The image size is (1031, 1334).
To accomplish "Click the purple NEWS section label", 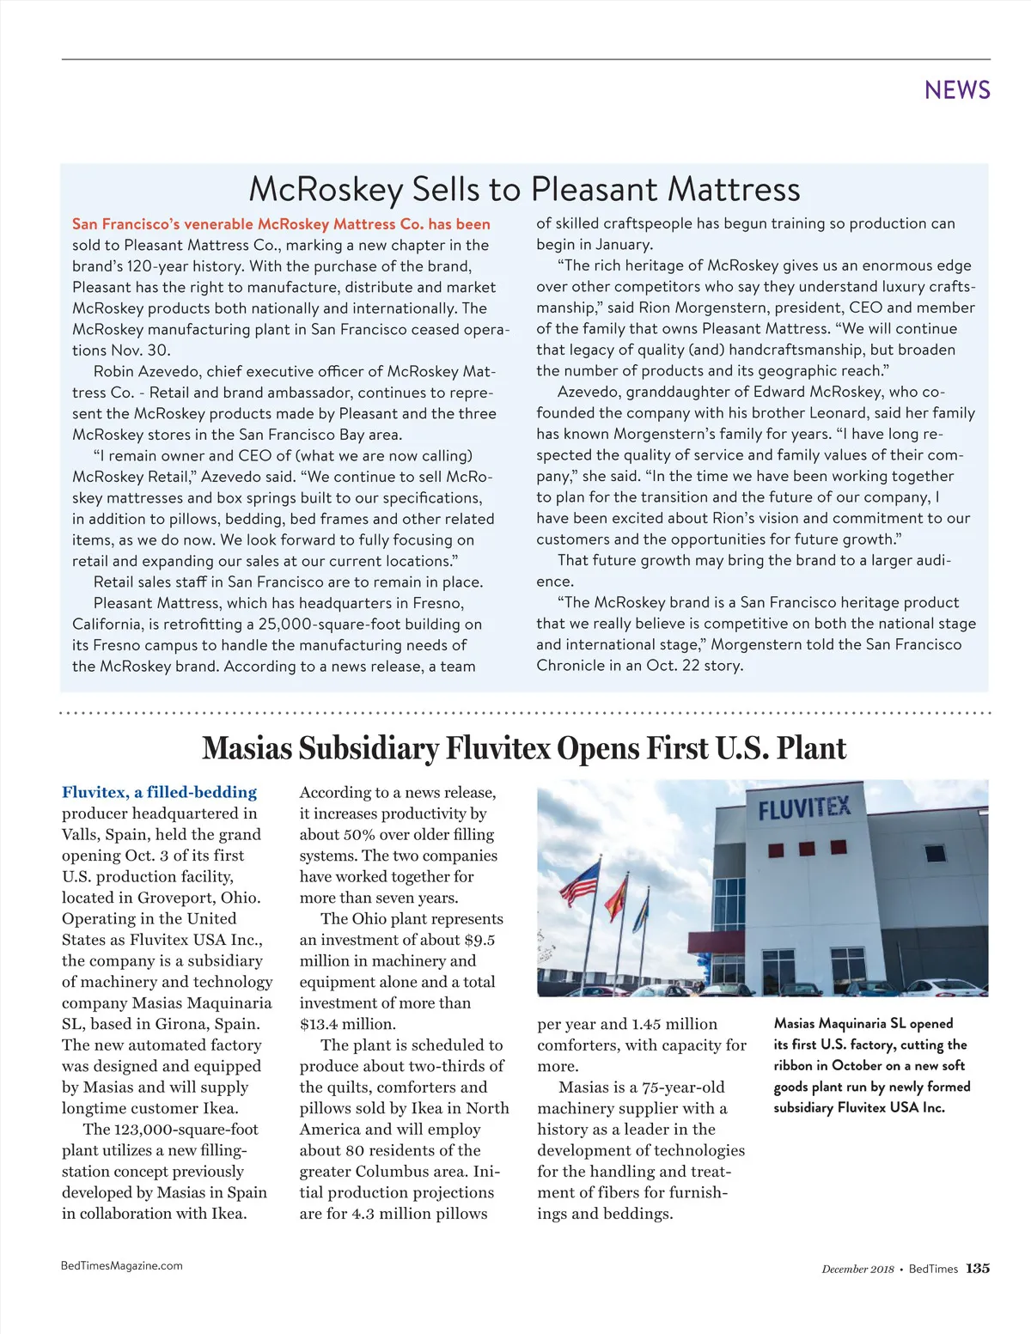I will pyautogui.click(x=957, y=90).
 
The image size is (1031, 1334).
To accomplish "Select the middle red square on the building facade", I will pyautogui.click(x=807, y=849).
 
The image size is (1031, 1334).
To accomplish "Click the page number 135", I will pyautogui.click(x=978, y=1269).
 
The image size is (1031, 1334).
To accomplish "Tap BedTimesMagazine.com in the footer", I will pyautogui.click(x=122, y=1265).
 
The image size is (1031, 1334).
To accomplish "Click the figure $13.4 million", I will pyautogui.click(x=347, y=1024).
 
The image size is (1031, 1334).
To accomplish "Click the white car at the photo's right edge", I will pyautogui.click(x=945, y=986).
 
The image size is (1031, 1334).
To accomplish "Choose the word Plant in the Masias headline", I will pyautogui.click(x=812, y=748).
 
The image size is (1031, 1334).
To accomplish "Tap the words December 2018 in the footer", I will pyautogui.click(x=857, y=1270).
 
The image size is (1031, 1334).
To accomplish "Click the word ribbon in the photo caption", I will pyautogui.click(x=792, y=1066).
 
